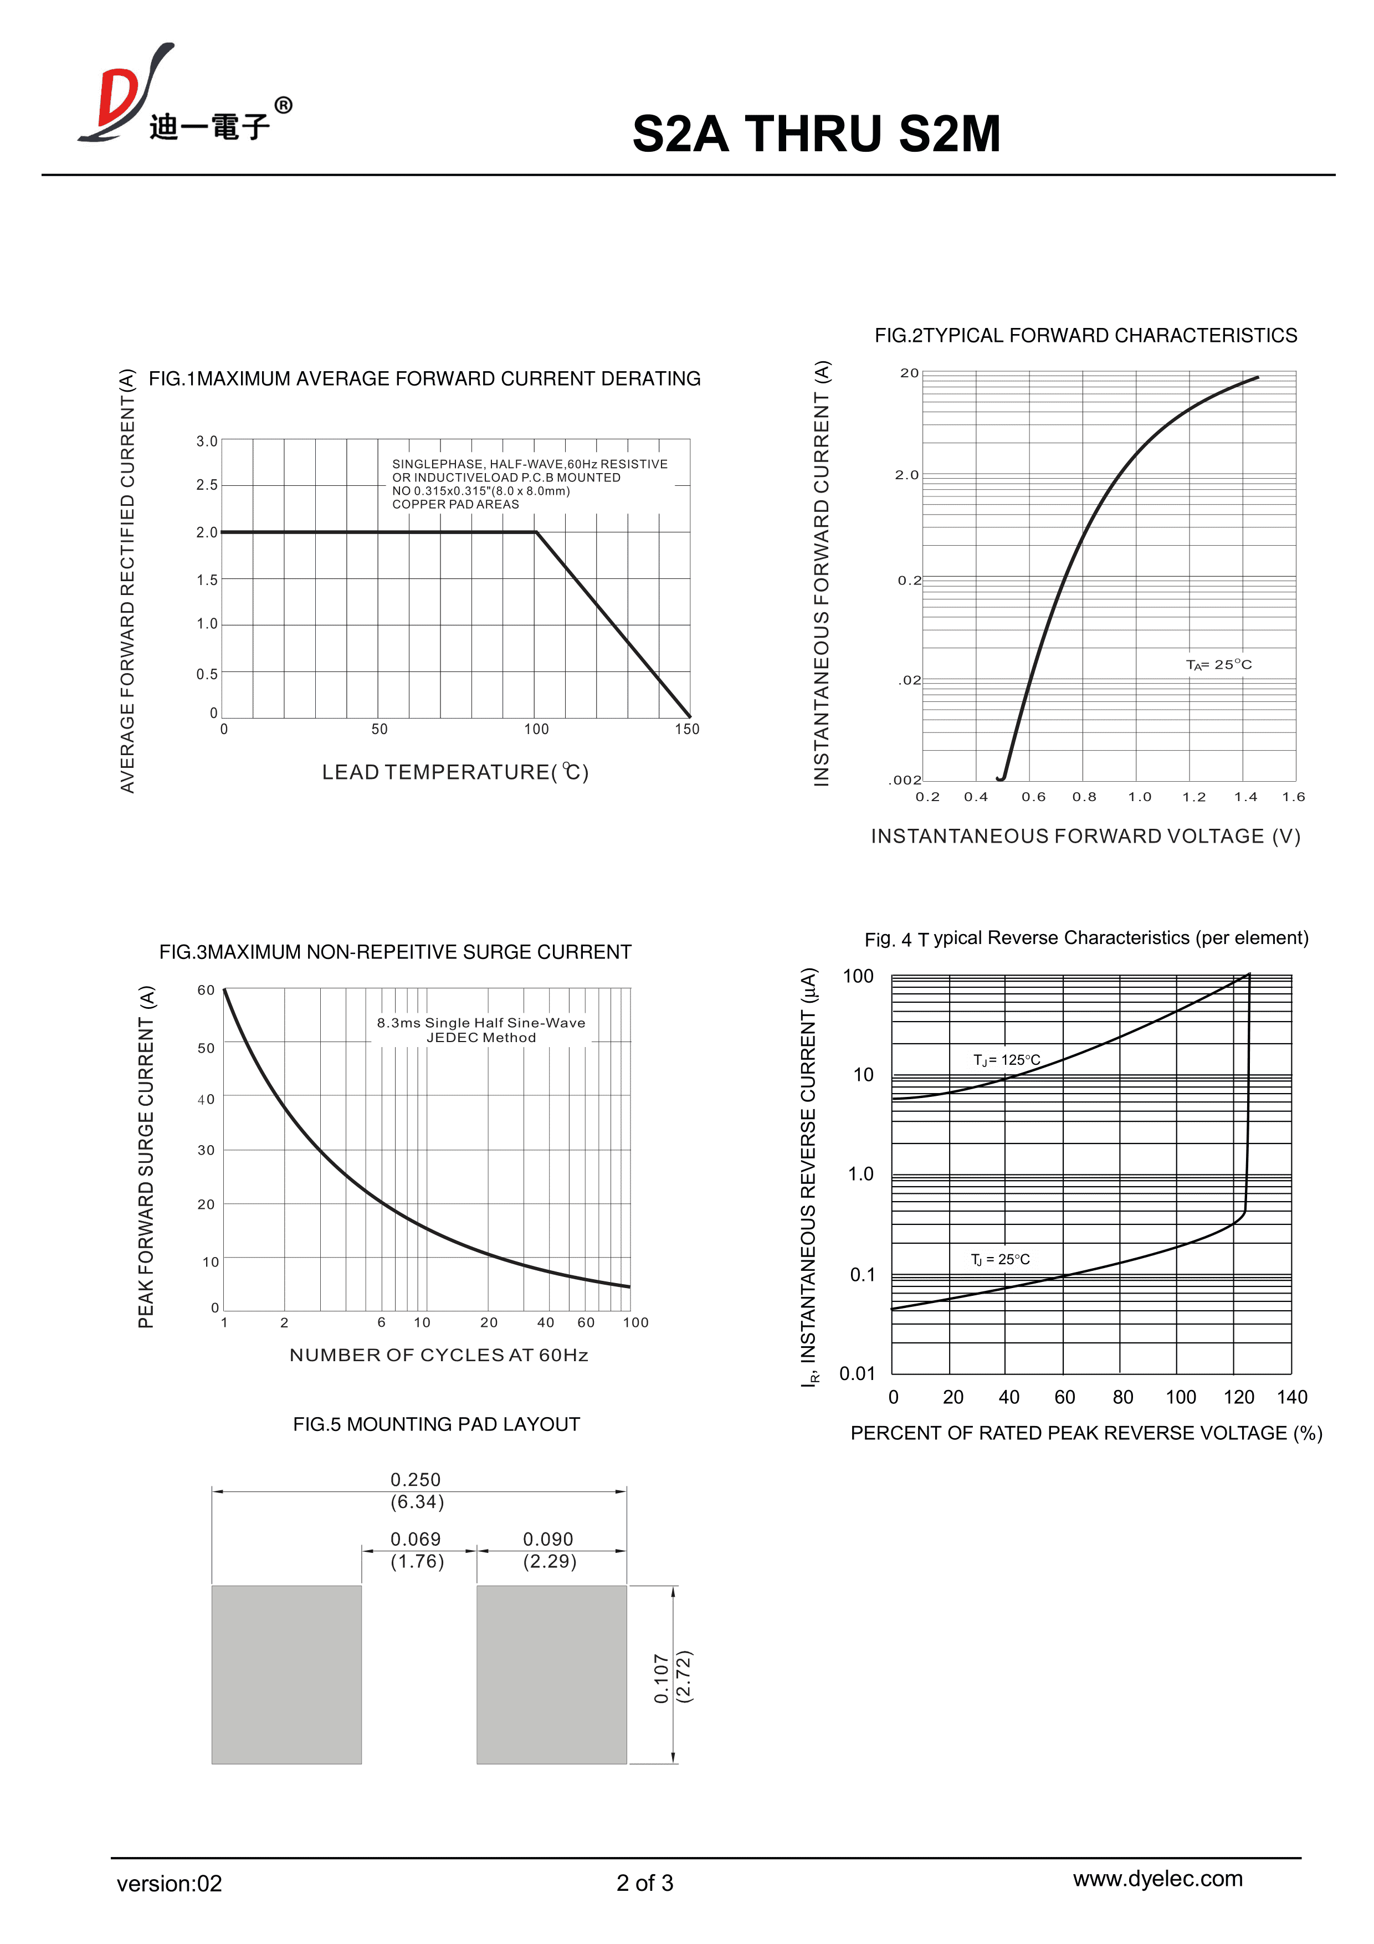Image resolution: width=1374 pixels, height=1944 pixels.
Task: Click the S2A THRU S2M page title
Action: tap(816, 134)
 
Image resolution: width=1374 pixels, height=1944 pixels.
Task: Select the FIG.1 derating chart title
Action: tap(424, 378)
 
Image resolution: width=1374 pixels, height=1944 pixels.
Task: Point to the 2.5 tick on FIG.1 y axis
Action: tap(207, 485)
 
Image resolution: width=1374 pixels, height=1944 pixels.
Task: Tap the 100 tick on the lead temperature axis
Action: tap(536, 729)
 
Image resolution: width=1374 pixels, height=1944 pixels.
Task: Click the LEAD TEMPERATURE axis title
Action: tap(455, 772)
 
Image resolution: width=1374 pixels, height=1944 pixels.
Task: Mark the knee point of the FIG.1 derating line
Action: tap(536, 532)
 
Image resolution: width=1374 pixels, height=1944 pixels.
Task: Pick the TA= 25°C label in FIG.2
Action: tap(1218, 665)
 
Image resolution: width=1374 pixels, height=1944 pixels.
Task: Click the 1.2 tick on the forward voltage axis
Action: tap(1194, 797)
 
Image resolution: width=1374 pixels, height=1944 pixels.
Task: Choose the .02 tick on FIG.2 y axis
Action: tap(909, 680)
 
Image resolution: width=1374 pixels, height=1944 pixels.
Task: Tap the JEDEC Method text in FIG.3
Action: tap(481, 1038)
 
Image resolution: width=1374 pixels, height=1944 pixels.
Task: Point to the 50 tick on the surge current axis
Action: tap(206, 1048)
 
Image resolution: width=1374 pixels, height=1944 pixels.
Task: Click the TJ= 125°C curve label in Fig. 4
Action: tap(1007, 1060)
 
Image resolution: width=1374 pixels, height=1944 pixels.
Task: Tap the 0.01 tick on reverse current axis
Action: tap(857, 1373)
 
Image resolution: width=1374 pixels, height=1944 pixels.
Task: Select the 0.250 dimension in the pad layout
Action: tap(415, 1479)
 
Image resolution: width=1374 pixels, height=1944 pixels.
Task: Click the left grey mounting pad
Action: tap(286, 1675)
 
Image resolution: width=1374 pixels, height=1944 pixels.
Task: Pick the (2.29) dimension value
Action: tap(550, 1561)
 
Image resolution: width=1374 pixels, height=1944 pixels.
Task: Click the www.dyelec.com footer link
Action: tap(1157, 1878)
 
